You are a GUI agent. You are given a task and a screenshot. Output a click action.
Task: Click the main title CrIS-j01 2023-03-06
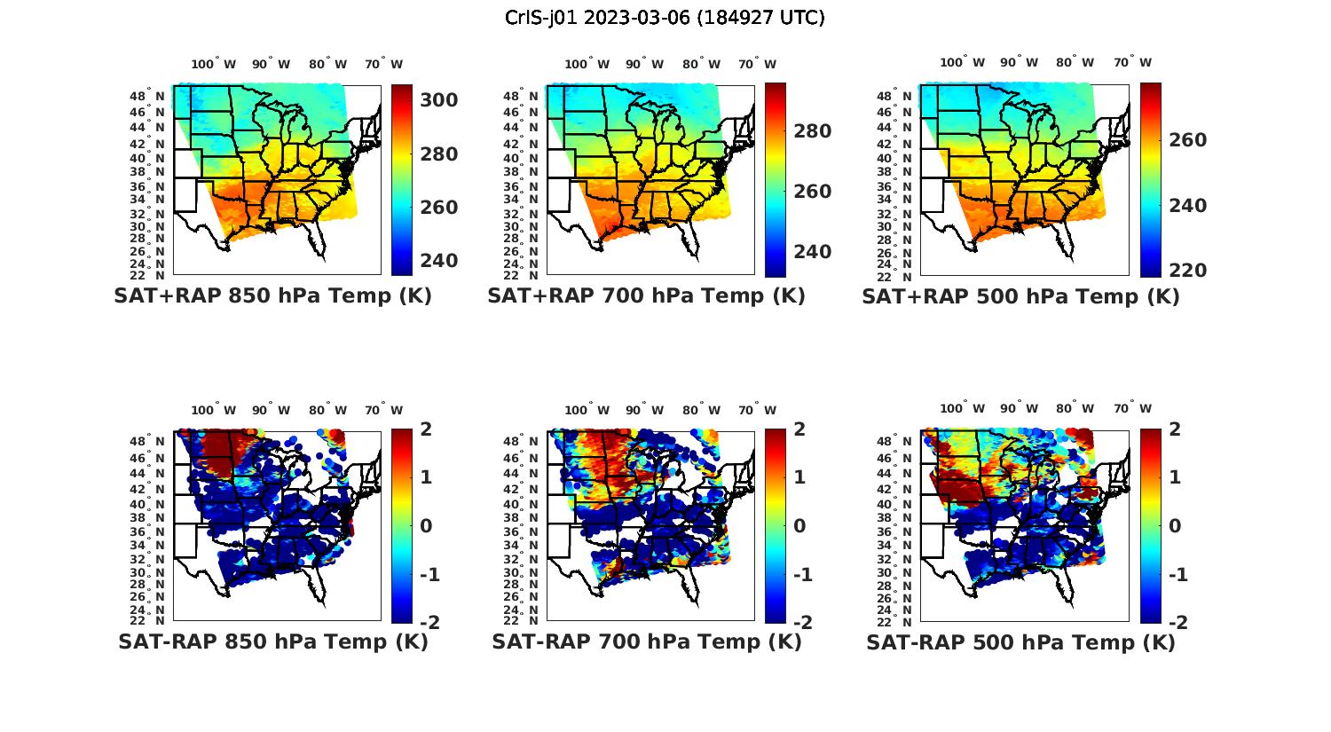pyautogui.click(x=665, y=18)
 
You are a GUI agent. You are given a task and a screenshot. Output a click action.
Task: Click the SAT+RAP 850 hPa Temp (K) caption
pyautogui.click(x=272, y=296)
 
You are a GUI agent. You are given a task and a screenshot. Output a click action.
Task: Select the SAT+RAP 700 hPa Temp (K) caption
pyautogui.click(x=646, y=296)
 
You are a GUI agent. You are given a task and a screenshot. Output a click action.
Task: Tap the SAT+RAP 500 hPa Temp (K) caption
pyautogui.click(x=1020, y=297)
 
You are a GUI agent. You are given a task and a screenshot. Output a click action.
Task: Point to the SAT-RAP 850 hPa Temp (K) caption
pyautogui.click(x=272, y=641)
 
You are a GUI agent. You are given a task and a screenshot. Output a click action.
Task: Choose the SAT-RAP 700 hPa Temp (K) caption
pyautogui.click(x=646, y=641)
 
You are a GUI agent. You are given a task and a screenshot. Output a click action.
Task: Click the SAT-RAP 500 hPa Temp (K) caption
pyautogui.click(x=1020, y=642)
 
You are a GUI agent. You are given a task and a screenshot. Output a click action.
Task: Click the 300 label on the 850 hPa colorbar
pyautogui.click(x=439, y=100)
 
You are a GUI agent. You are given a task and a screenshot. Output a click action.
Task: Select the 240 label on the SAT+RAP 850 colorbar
pyautogui.click(x=439, y=261)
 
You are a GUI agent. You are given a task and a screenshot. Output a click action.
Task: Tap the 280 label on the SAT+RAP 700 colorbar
pyautogui.click(x=813, y=131)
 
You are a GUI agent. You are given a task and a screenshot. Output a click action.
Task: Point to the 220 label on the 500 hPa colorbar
pyautogui.click(x=1187, y=271)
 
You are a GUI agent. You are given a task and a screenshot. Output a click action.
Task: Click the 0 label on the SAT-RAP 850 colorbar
pyautogui.click(x=426, y=526)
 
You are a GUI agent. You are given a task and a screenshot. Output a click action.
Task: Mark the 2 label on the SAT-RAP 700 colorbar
pyautogui.click(x=800, y=429)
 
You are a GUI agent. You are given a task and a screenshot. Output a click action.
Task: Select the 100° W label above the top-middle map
pyautogui.click(x=587, y=64)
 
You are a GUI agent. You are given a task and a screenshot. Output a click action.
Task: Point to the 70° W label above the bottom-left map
pyautogui.click(x=383, y=410)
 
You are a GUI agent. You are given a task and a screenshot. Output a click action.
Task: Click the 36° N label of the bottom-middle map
pyautogui.click(x=522, y=531)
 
